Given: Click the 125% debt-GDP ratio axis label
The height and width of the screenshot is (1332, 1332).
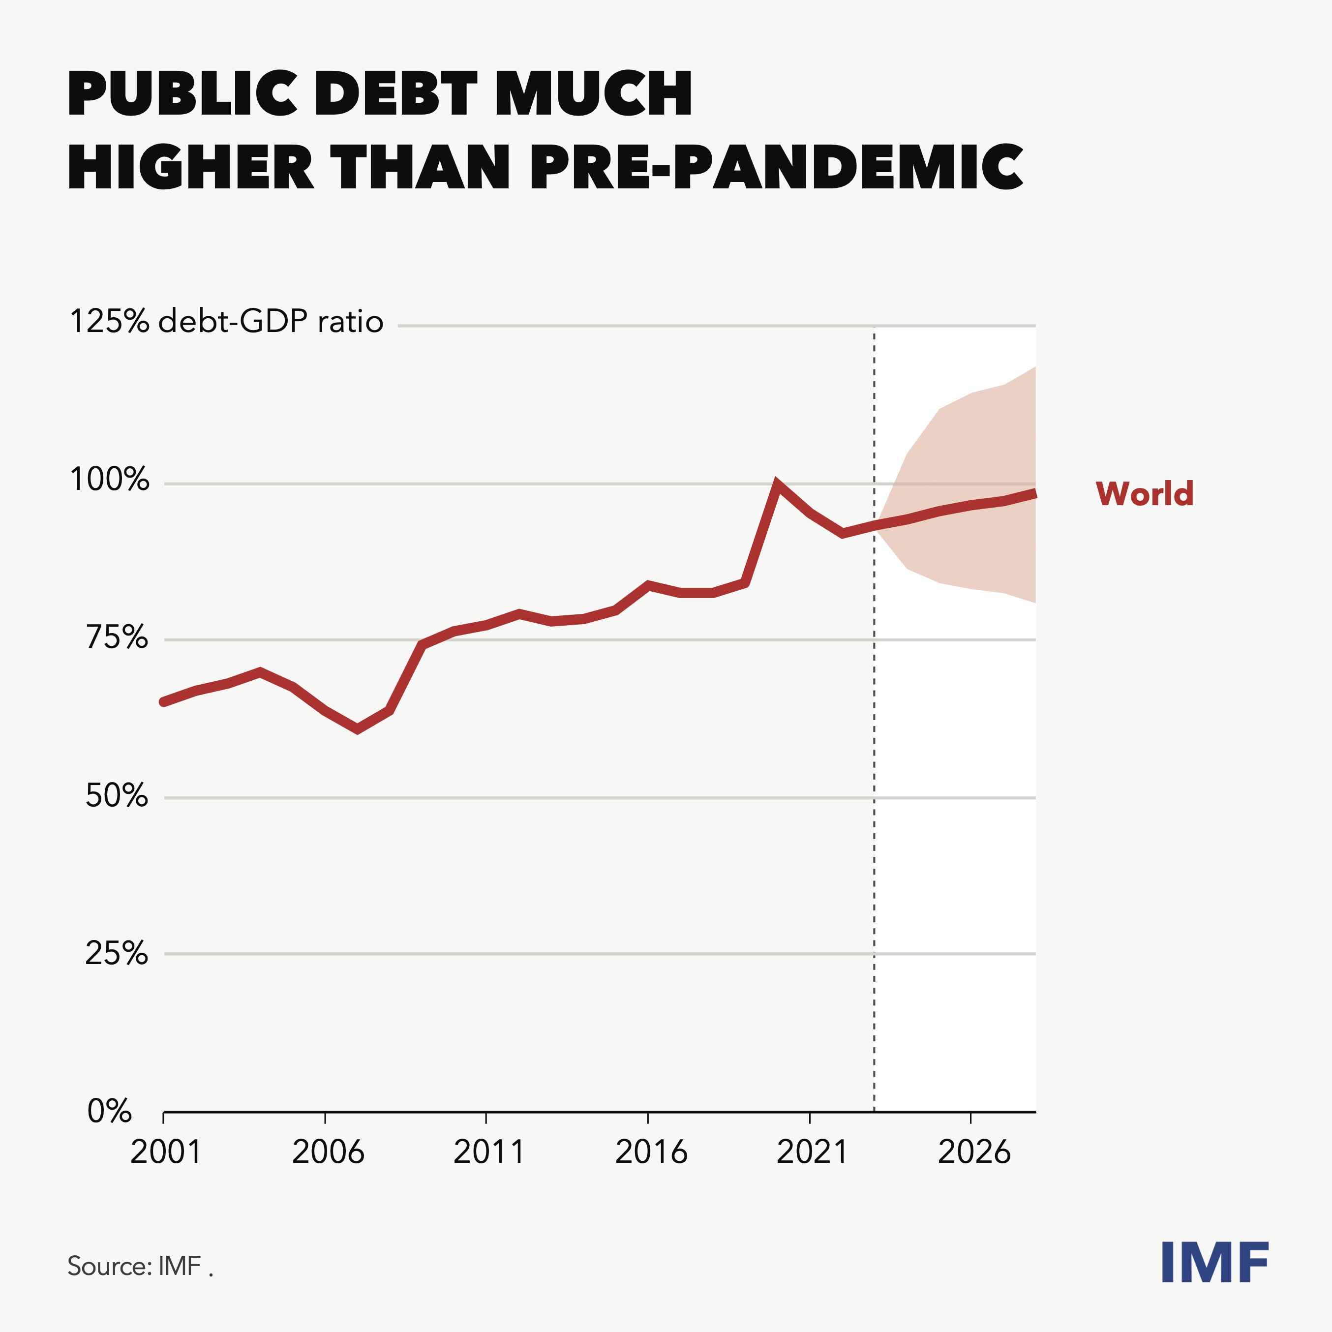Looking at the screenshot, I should click(226, 322).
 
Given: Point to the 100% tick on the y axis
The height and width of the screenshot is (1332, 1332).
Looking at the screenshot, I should click(110, 480).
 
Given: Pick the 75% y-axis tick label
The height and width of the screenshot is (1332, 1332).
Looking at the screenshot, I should click(117, 638).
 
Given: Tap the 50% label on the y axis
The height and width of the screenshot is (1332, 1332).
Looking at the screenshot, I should click(117, 796).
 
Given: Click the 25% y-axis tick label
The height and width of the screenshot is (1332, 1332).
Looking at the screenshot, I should click(117, 953).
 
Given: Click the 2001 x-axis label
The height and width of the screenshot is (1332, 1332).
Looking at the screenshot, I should click(165, 1152).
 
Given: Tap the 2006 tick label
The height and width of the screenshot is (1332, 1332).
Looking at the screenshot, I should click(328, 1152).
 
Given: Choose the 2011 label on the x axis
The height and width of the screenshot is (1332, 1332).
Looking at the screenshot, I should click(489, 1152).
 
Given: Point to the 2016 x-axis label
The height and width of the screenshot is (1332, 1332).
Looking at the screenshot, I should click(651, 1152).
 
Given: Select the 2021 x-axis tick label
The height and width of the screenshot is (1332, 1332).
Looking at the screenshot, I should click(812, 1152).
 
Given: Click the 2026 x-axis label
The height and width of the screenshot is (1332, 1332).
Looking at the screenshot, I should click(973, 1152).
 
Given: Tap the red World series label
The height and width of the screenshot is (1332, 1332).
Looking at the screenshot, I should click(1145, 494).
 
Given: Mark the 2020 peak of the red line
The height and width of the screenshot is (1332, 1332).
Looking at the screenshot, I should click(778, 484).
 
